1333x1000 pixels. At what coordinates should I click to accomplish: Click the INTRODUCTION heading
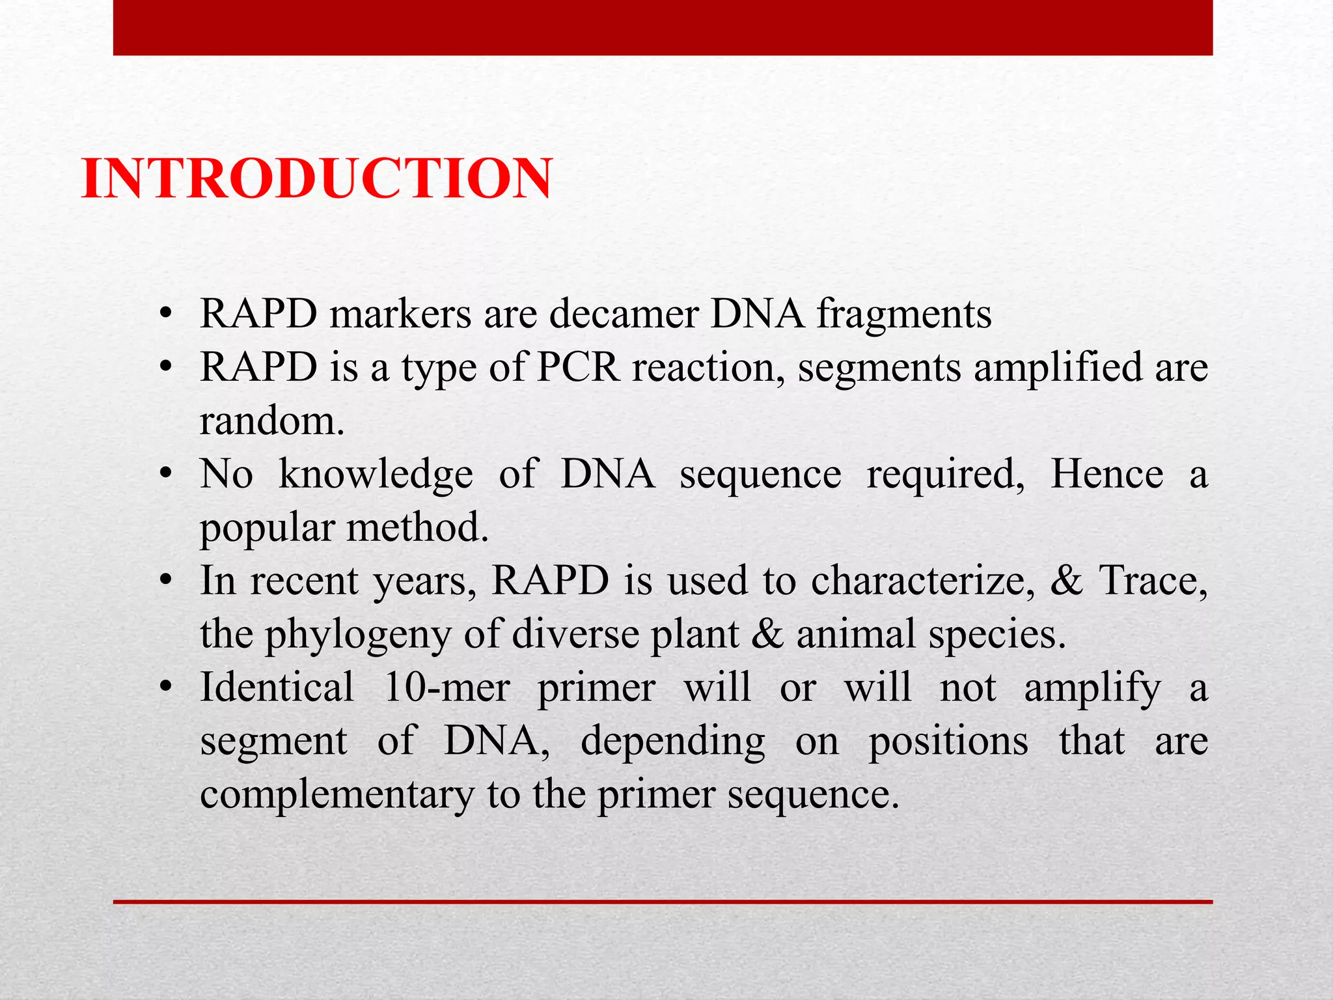tap(317, 178)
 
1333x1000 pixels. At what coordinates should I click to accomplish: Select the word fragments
tap(904, 315)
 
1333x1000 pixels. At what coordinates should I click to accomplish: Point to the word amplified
tap(1058, 368)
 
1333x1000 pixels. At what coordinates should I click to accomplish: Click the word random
tap(271, 421)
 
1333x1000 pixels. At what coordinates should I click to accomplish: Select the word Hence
tap(1106, 474)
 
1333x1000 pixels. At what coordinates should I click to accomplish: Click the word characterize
tap(924, 581)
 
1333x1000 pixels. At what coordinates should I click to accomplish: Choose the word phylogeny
tap(357, 635)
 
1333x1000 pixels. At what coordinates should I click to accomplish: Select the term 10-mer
tap(447, 687)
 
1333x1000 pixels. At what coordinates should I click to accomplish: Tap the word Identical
tap(277, 687)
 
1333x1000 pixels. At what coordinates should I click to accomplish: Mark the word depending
tap(672, 742)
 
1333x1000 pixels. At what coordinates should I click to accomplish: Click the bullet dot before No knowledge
tap(167, 473)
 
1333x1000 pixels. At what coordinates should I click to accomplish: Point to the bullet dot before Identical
tap(167, 687)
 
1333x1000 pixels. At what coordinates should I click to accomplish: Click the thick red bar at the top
tap(663, 27)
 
